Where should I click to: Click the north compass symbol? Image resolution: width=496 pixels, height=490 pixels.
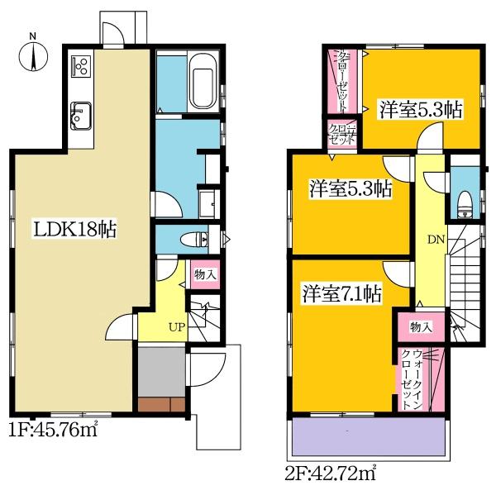point(32,55)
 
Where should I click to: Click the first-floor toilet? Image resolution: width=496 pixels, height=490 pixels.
point(195,240)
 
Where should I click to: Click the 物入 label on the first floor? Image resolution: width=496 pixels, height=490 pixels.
point(204,274)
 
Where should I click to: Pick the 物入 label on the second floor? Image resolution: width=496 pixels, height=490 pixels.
point(421,326)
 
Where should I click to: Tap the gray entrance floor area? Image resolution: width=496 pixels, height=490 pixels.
point(161,368)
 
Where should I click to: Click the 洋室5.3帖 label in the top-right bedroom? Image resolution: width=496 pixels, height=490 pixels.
point(420,109)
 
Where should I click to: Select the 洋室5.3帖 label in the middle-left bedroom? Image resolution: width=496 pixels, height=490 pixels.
point(350,189)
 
